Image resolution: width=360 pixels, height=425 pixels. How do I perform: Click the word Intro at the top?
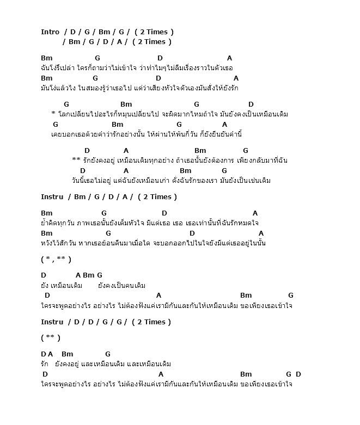click(x=50, y=32)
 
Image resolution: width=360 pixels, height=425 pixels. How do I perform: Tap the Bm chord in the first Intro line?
click(x=105, y=32)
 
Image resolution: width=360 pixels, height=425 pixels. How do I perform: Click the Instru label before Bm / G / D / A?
click(x=52, y=197)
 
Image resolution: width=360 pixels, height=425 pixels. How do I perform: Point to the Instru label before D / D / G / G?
click(x=52, y=322)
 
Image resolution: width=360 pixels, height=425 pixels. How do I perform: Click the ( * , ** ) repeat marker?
click(x=56, y=260)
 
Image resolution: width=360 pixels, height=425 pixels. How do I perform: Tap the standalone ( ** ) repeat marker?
click(x=51, y=338)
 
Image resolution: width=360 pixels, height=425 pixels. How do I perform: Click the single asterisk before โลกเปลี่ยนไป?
click(x=53, y=114)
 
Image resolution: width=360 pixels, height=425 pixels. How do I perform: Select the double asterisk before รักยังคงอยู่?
click(x=76, y=160)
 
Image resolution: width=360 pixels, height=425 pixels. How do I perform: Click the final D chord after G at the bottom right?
click(x=298, y=374)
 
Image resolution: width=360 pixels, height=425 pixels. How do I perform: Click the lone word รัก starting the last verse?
click(x=45, y=364)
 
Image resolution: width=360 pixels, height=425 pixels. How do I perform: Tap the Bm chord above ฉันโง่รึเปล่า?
click(x=47, y=58)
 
